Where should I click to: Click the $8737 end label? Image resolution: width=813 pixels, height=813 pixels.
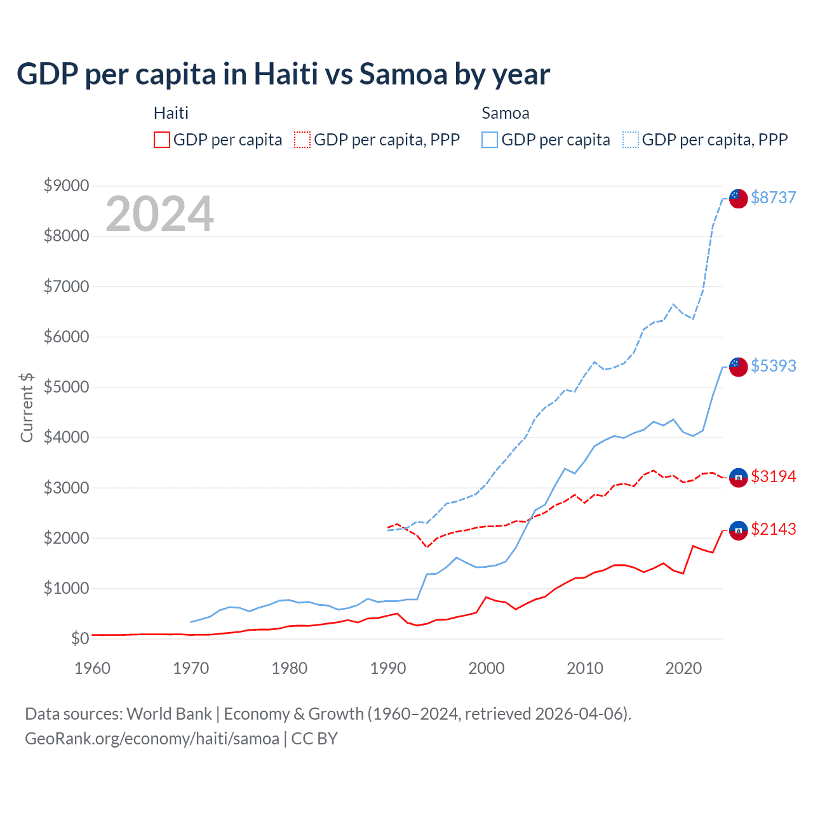pyautogui.click(x=773, y=198)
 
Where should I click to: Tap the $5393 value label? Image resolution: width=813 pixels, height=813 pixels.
pyautogui.click(x=773, y=366)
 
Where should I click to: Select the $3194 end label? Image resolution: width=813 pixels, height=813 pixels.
pyautogui.click(x=773, y=476)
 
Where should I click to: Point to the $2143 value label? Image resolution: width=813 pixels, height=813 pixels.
pyautogui.click(x=773, y=529)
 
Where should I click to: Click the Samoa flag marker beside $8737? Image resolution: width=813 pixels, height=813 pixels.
pyautogui.click(x=738, y=198)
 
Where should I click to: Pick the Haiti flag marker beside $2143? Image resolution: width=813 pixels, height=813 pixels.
pyautogui.click(x=738, y=530)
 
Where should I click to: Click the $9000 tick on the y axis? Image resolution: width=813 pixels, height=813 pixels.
pyautogui.click(x=66, y=185)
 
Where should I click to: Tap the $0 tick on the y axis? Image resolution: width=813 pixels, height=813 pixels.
pyautogui.click(x=79, y=638)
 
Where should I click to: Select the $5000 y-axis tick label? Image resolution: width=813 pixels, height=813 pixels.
pyautogui.click(x=66, y=387)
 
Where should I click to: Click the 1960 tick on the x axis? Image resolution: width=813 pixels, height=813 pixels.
pyautogui.click(x=93, y=668)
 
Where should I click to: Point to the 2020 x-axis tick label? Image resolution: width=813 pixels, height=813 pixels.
pyautogui.click(x=683, y=668)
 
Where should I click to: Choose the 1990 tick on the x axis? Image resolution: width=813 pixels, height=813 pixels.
pyautogui.click(x=388, y=668)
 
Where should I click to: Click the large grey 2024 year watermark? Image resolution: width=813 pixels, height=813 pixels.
pyautogui.click(x=159, y=214)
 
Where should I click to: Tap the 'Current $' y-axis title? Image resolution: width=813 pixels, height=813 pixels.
pyautogui.click(x=27, y=408)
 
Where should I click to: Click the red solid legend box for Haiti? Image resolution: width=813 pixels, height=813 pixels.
pyautogui.click(x=162, y=140)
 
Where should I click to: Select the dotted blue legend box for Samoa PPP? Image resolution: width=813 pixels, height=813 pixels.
pyautogui.click(x=631, y=140)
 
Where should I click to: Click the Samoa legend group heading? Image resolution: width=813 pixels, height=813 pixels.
pyautogui.click(x=506, y=113)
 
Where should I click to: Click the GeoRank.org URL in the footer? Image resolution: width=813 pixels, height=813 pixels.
pyautogui.click(x=152, y=739)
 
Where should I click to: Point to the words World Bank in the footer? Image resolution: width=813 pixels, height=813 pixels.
pyautogui.click(x=169, y=714)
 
